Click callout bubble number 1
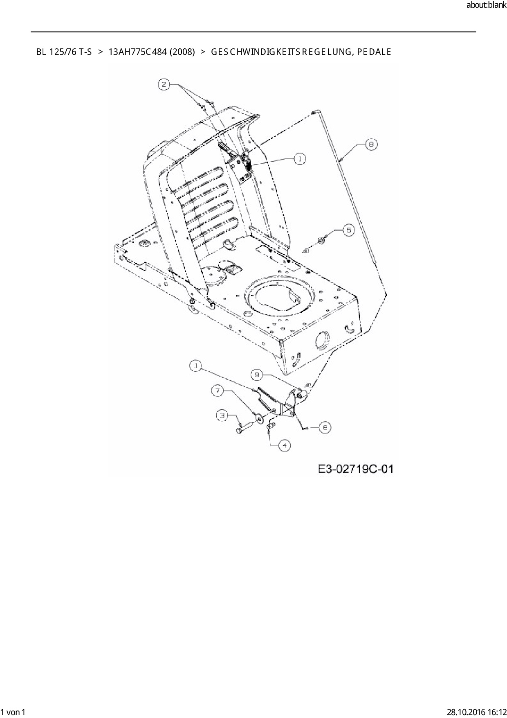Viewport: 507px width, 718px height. (x=300, y=158)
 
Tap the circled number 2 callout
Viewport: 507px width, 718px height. (x=164, y=85)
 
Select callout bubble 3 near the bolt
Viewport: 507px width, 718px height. (x=222, y=415)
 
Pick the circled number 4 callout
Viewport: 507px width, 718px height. (x=285, y=445)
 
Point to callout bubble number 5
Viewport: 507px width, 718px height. (x=348, y=230)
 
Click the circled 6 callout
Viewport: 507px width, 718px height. (x=325, y=427)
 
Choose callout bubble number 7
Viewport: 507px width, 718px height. (x=218, y=391)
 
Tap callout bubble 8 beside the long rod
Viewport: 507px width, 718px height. (x=371, y=144)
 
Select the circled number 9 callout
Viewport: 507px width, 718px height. (x=257, y=375)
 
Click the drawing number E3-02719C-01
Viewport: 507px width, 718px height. (x=355, y=469)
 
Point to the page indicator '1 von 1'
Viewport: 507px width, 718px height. (x=14, y=712)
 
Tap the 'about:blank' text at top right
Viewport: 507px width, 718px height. (x=486, y=5)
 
